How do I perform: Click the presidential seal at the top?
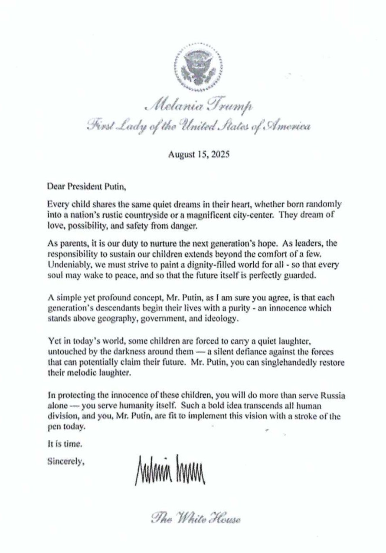coord(198,67)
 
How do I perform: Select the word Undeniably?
coord(67,265)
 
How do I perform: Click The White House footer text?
coord(196,518)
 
